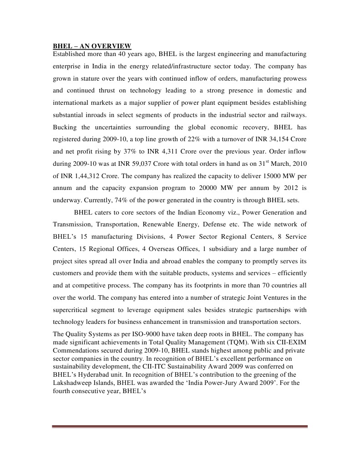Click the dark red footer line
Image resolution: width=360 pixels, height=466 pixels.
[180, 426]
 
